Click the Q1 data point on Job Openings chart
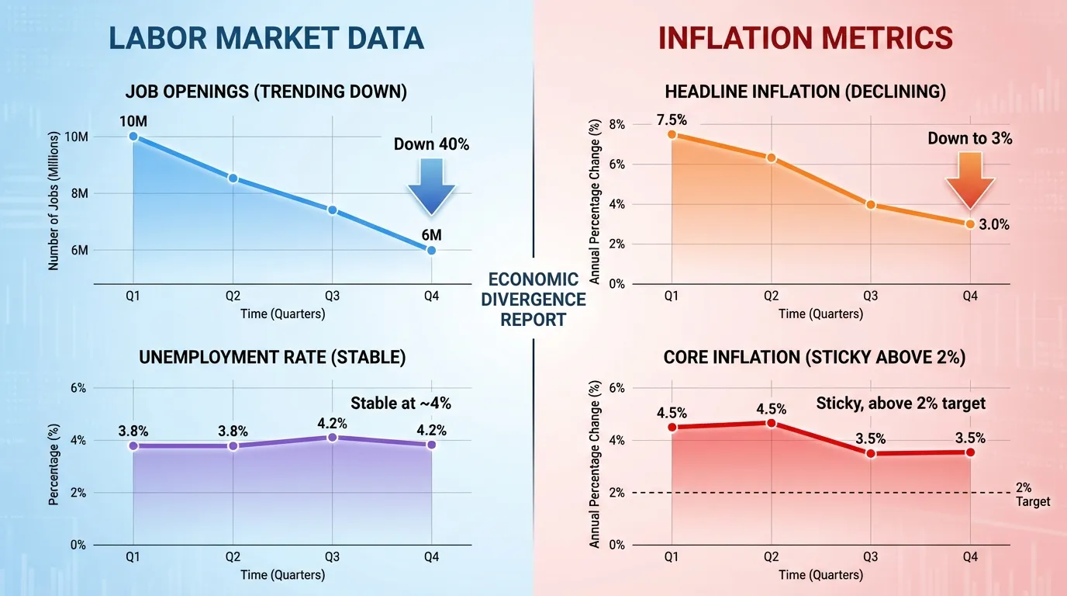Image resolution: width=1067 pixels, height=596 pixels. [133, 136]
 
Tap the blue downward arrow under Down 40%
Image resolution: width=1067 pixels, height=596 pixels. [431, 186]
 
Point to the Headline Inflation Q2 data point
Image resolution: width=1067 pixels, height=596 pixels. [771, 158]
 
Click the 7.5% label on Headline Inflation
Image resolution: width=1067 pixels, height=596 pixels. [671, 120]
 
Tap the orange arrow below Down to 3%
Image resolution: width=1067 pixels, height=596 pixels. [969, 180]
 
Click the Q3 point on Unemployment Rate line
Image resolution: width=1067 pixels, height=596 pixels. [332, 438]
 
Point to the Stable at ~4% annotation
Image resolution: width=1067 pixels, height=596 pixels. [400, 403]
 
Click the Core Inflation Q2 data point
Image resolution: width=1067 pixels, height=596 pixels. [771, 423]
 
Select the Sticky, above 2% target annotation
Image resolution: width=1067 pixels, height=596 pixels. [900, 403]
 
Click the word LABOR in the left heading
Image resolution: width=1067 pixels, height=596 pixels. [155, 38]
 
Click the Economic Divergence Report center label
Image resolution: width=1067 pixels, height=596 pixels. [533, 300]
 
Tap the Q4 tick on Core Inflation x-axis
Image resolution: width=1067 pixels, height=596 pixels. [969, 556]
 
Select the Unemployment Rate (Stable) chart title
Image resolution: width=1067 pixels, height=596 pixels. [271, 358]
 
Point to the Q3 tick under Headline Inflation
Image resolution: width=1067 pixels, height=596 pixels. [870, 296]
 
